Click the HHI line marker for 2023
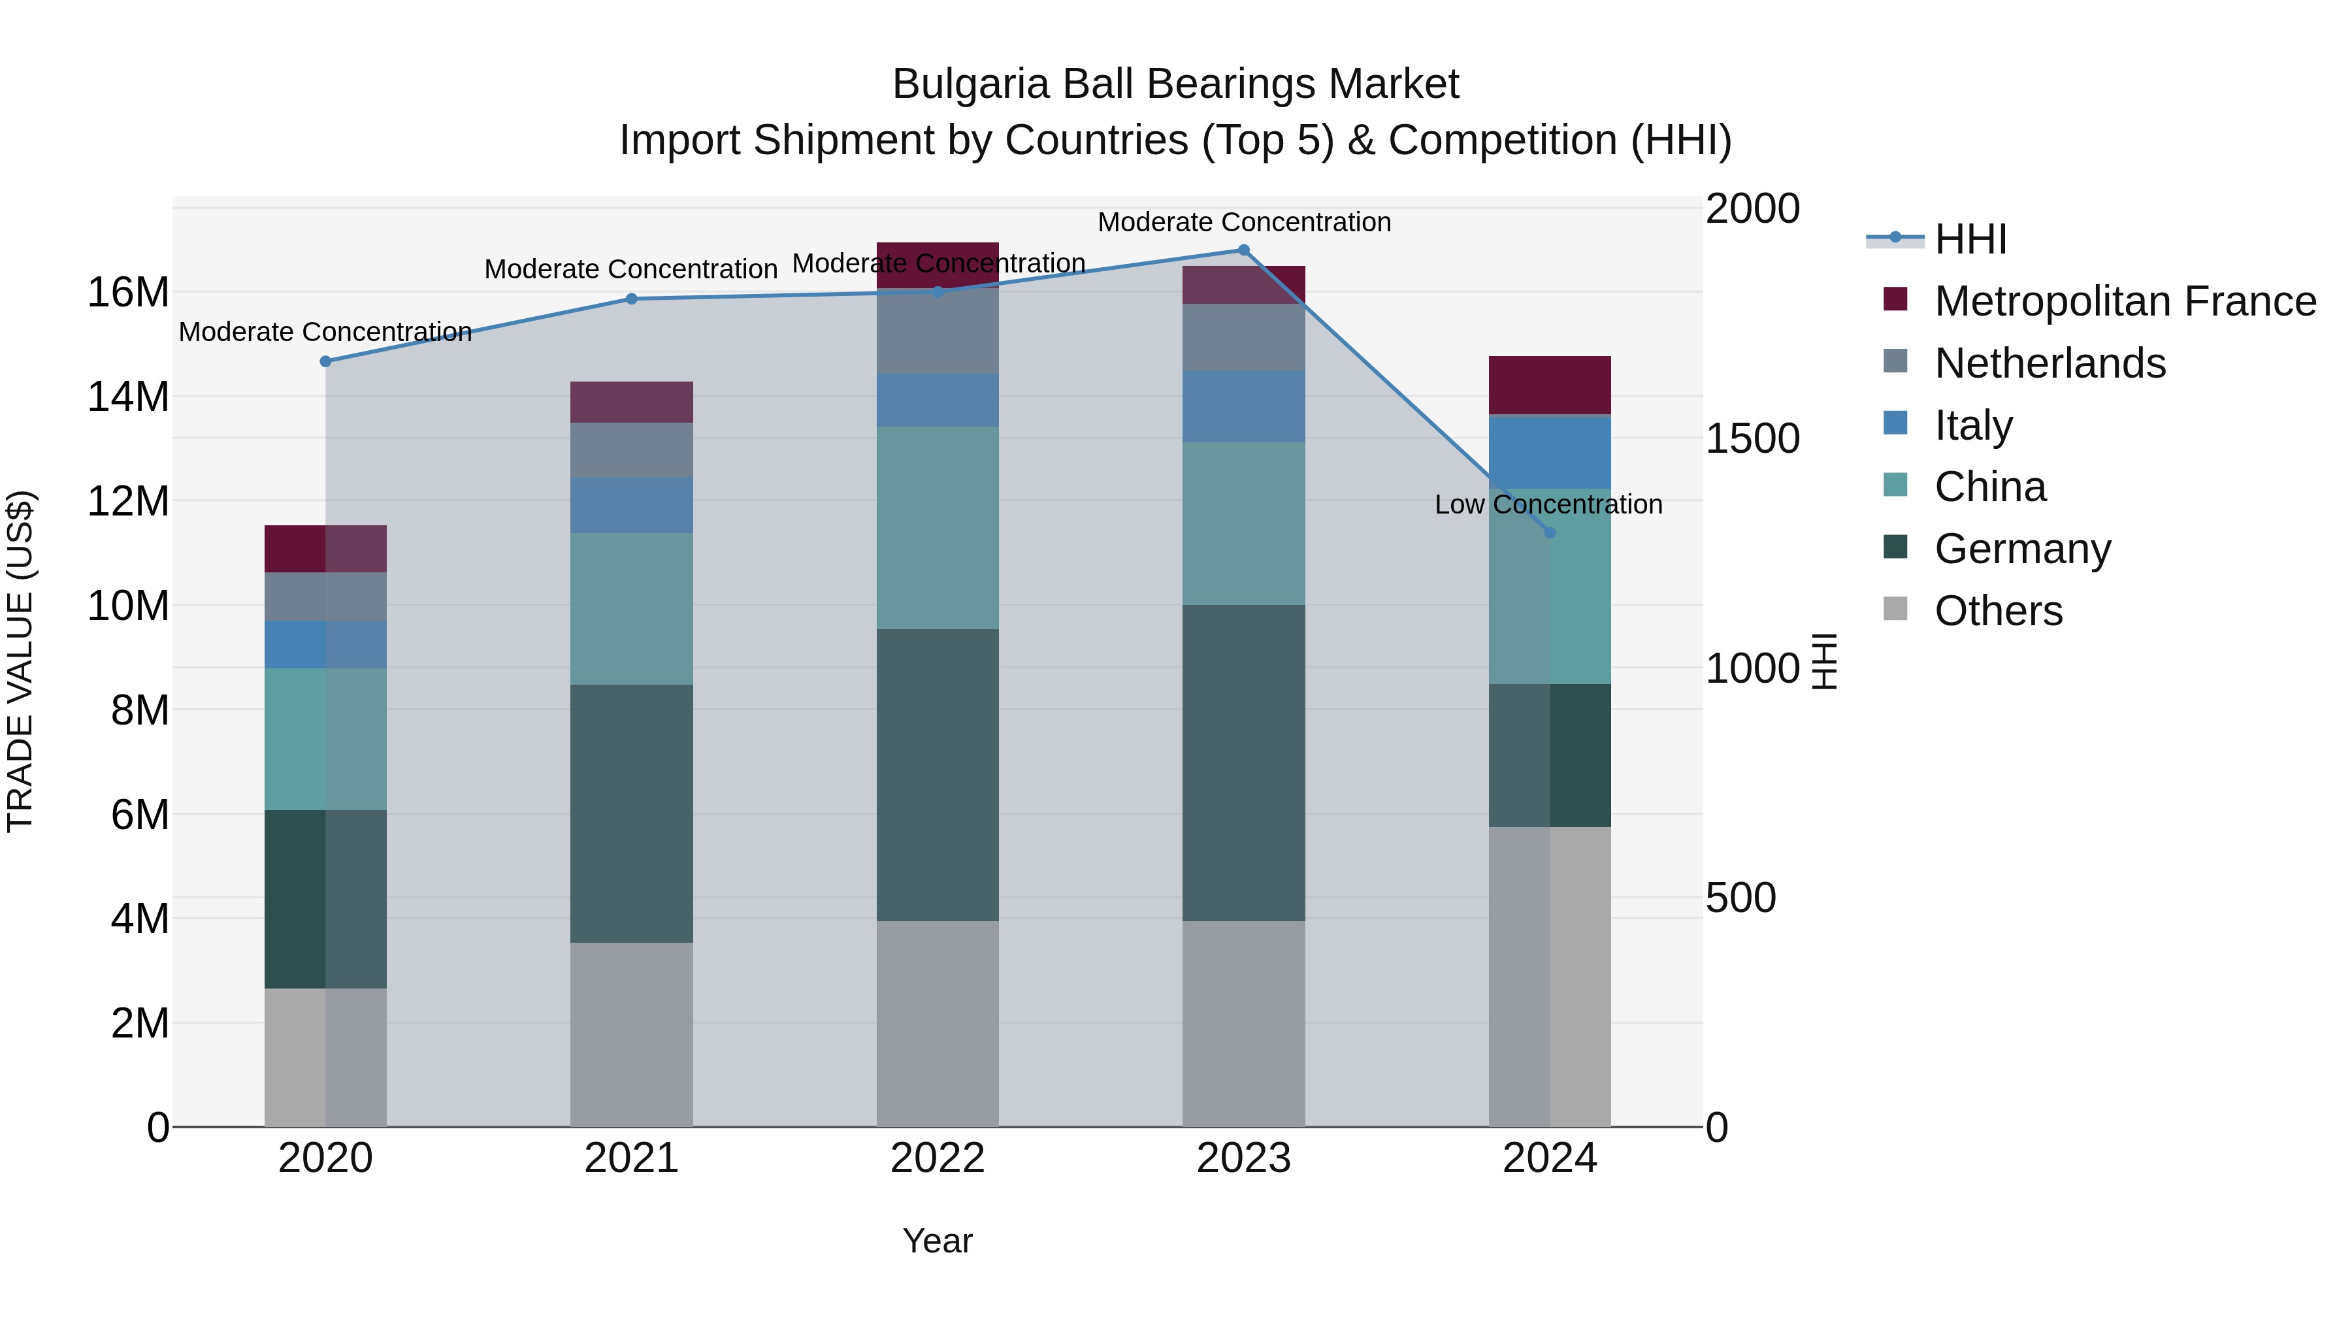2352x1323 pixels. (1243, 250)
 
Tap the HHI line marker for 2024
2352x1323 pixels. (1550, 532)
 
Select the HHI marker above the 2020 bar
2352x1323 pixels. (326, 361)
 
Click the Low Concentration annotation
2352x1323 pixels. (1548, 505)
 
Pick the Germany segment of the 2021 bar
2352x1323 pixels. (632, 813)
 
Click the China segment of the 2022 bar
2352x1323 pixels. (938, 528)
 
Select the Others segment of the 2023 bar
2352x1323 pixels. (1243, 1024)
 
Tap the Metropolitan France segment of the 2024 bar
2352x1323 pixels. (1550, 385)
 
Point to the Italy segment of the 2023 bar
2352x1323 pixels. (1243, 406)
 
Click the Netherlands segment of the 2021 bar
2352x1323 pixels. (632, 450)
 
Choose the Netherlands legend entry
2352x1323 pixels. (2050, 363)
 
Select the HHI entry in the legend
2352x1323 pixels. (1970, 239)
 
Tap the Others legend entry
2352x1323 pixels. (1998, 611)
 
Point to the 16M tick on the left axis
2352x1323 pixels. (128, 293)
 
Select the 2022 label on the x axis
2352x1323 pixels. (938, 1158)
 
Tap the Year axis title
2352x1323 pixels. (938, 1241)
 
